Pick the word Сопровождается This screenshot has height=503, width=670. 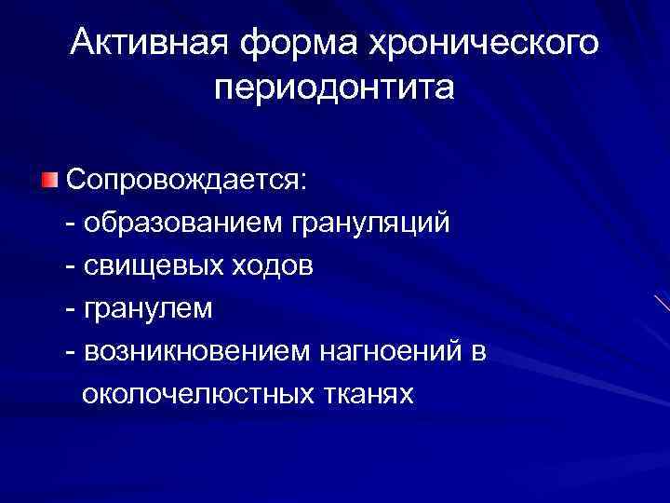tap(184, 181)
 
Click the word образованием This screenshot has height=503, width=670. tap(182, 224)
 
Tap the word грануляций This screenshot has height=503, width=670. tap(369, 224)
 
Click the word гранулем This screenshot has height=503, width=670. tap(147, 309)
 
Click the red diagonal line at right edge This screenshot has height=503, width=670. tap(660, 304)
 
